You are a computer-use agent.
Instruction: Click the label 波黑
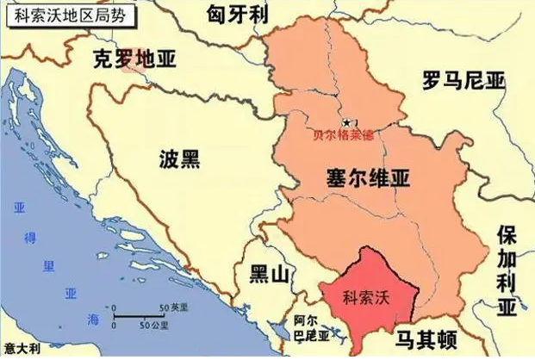click(179, 158)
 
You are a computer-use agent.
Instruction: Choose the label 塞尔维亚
click(356, 178)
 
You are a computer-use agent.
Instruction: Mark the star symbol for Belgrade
click(346, 124)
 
